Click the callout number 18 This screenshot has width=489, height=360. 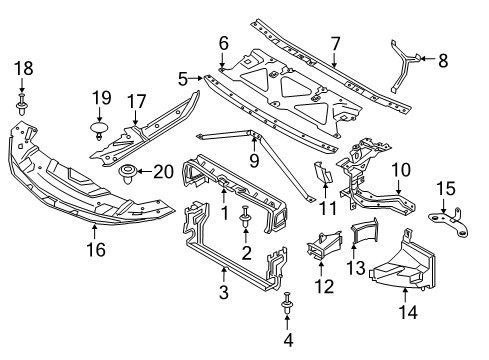point(23,68)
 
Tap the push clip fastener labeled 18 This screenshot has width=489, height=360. point(22,104)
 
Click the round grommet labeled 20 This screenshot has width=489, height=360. point(127,173)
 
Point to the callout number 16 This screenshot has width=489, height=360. point(96,250)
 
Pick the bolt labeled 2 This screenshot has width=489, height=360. point(245,217)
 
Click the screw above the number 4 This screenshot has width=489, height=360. point(287,303)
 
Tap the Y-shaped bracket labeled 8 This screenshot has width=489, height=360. point(403,66)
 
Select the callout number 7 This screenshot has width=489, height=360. point(335,44)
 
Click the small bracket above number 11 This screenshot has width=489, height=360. point(323,172)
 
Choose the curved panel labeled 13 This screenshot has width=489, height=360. point(364,231)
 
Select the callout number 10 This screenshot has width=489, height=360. point(401,170)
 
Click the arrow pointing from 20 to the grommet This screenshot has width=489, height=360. point(144,172)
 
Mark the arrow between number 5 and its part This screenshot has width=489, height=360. point(196,78)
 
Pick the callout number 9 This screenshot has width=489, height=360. point(254,161)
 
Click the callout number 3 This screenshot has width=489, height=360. point(224,292)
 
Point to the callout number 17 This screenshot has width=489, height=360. point(137,101)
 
